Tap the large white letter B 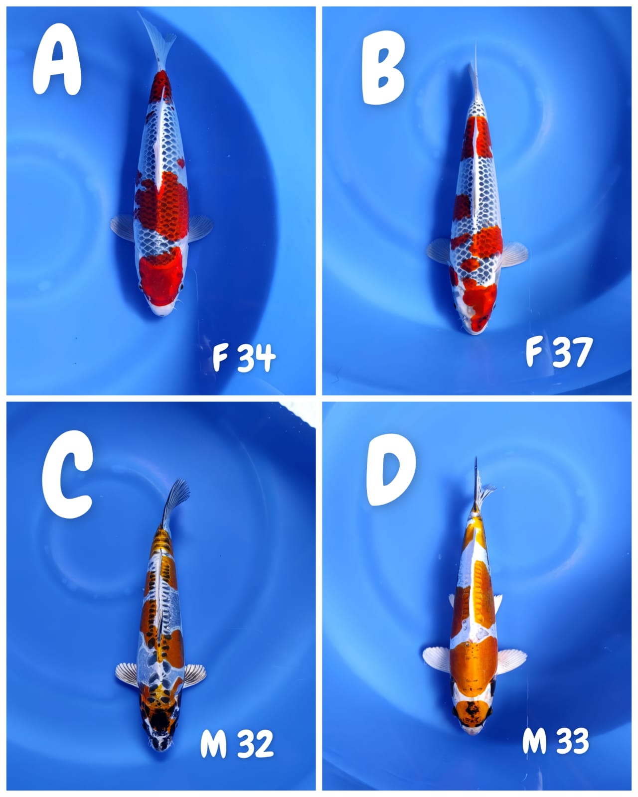pyautogui.click(x=383, y=68)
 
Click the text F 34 pyautogui.click(x=244, y=357)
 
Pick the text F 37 pyautogui.click(x=558, y=352)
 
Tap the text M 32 pyautogui.click(x=237, y=744)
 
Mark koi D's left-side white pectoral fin pyautogui.click(x=437, y=658)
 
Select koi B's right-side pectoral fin pyautogui.click(x=513, y=254)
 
